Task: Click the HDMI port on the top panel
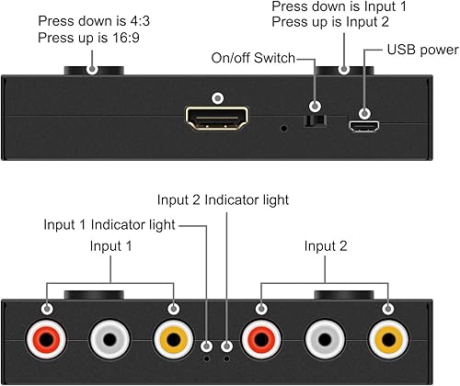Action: (x=216, y=120)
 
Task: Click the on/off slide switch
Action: (x=317, y=119)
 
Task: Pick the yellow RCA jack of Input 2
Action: (x=387, y=338)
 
